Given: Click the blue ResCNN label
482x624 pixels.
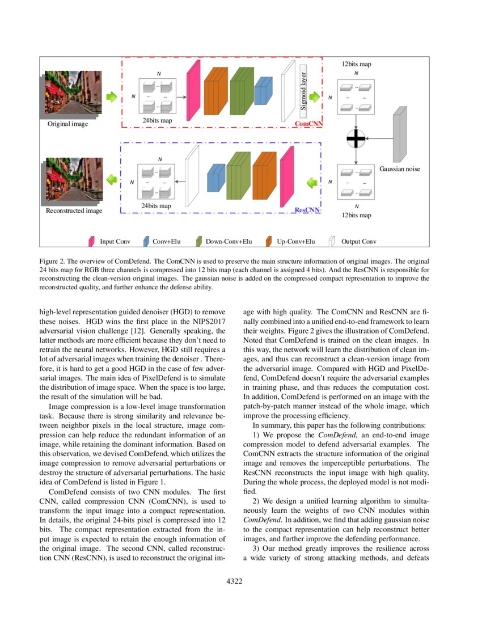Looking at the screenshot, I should [307, 210].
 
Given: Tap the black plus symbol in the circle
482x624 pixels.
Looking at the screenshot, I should [357, 138].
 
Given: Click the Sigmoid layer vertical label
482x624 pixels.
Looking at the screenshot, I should [303, 88].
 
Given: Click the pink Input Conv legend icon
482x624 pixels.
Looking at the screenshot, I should [91, 242].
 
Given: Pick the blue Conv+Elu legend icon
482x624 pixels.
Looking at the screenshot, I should [146, 242].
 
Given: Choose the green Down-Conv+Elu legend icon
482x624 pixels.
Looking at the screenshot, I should [199, 242].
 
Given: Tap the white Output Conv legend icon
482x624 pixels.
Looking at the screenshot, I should [333, 242].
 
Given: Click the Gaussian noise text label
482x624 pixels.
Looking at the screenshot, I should [399, 169].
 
